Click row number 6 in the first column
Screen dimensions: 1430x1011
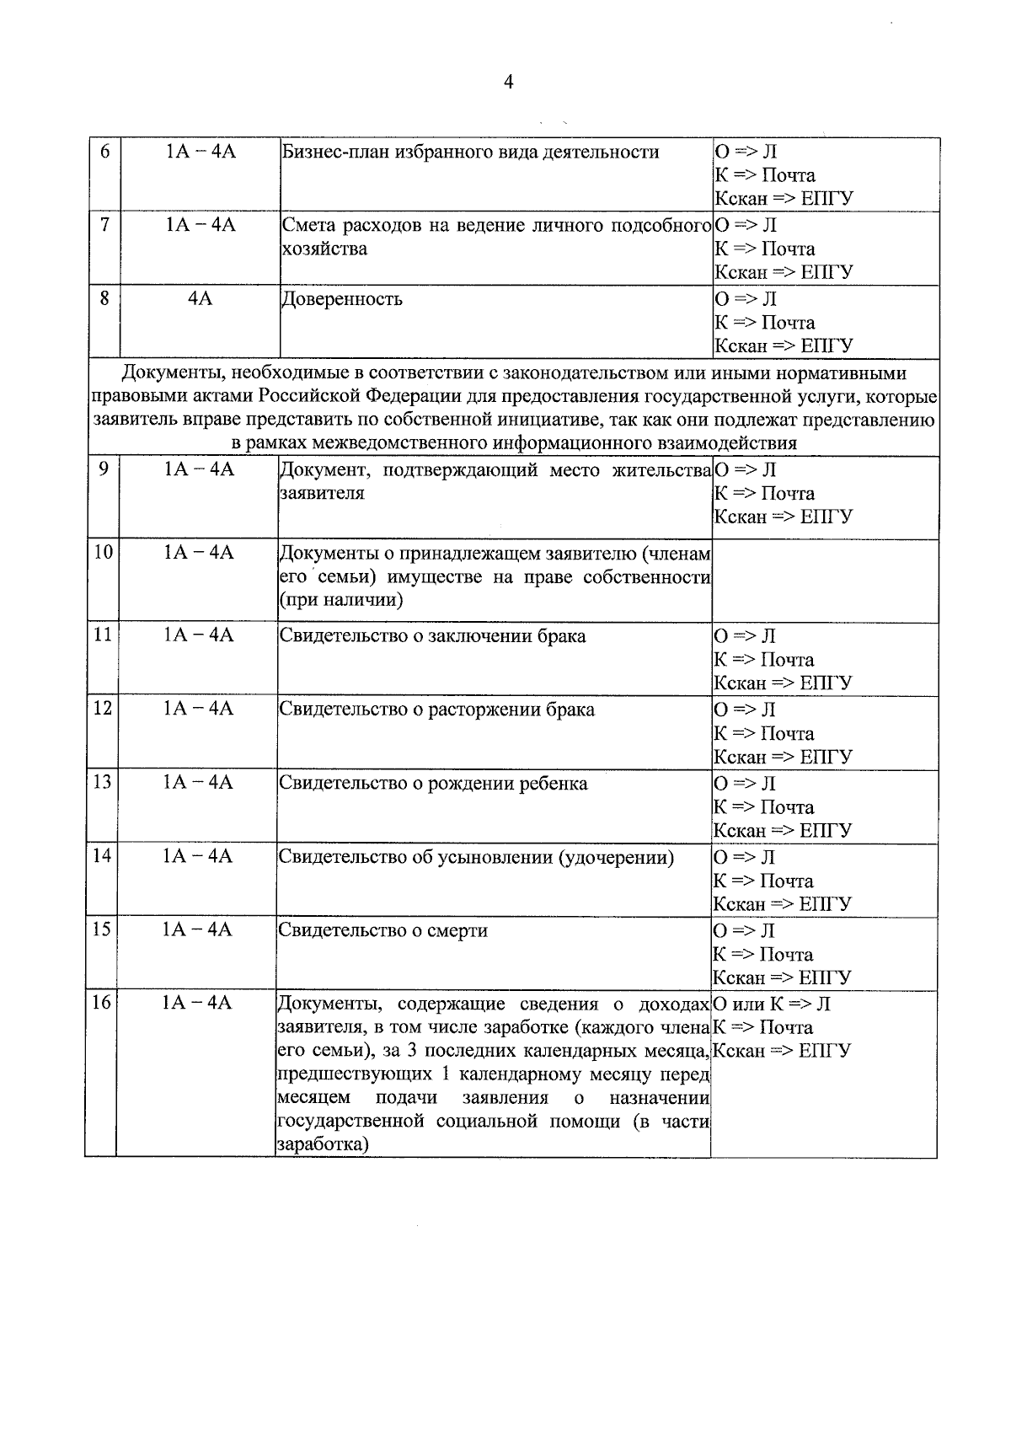pyautogui.click(x=104, y=152)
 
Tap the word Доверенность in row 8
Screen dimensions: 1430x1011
pyautogui.click(x=341, y=299)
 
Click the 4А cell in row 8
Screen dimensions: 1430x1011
pyautogui.click(x=200, y=299)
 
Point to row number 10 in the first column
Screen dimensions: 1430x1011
pyautogui.click(x=103, y=553)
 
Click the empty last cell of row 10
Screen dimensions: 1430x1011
pyautogui.click(x=825, y=581)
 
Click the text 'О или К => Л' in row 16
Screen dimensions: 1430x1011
pyautogui.click(x=771, y=1004)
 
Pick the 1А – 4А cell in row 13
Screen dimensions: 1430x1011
pyautogui.click(x=199, y=783)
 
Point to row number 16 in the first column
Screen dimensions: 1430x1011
pyautogui.click(x=101, y=1003)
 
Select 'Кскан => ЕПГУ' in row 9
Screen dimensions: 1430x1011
pyautogui.click(x=783, y=517)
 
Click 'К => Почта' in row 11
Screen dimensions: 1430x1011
pyautogui.click(x=763, y=660)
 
